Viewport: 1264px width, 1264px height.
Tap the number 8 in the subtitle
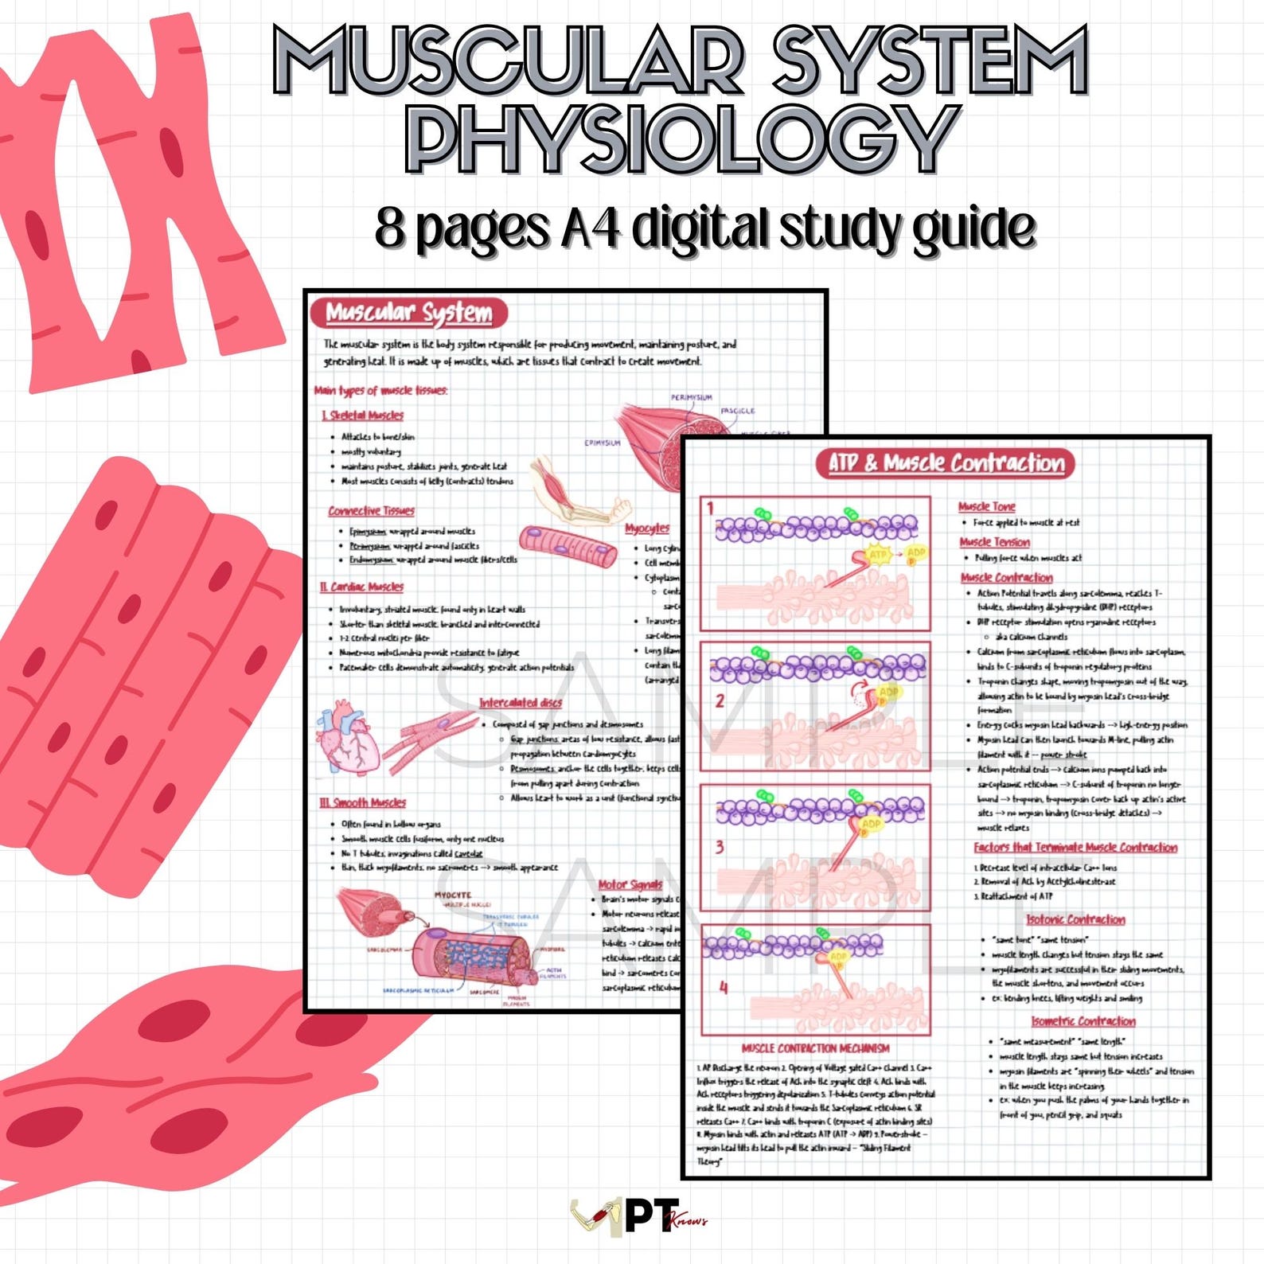390,228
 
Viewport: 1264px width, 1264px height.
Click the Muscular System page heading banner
408,313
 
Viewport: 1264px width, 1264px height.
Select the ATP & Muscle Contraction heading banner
946,463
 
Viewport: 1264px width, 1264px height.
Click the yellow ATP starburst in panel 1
877,554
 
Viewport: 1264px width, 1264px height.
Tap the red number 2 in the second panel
720,700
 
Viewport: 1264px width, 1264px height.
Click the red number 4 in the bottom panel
724,988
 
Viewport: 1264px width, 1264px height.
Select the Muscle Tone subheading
986,506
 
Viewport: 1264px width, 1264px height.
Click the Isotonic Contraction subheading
1075,919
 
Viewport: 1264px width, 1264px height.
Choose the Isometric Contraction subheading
1083,1021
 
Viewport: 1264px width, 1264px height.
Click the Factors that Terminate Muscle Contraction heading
1075,848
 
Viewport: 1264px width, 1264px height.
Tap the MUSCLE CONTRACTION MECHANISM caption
815,1048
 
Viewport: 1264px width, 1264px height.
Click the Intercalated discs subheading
521,703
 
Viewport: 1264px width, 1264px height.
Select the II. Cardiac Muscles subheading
362,587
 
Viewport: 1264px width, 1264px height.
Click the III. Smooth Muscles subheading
363,802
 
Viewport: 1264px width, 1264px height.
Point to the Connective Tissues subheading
371,511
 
